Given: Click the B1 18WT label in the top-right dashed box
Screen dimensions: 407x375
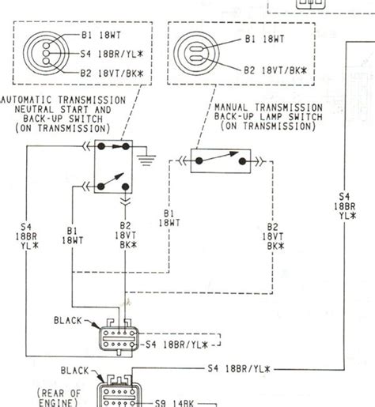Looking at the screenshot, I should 266,36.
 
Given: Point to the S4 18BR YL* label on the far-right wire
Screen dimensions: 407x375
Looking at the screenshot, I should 345,206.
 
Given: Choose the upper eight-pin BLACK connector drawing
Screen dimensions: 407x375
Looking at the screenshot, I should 119,341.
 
